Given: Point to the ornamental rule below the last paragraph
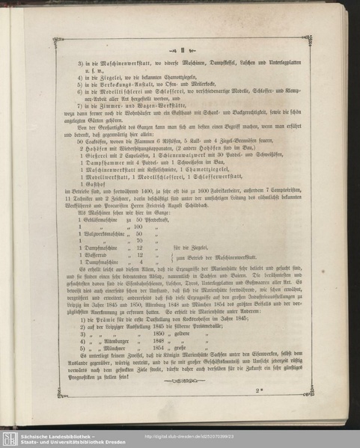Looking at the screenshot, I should [180, 381].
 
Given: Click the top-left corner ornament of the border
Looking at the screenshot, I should [57, 43].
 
